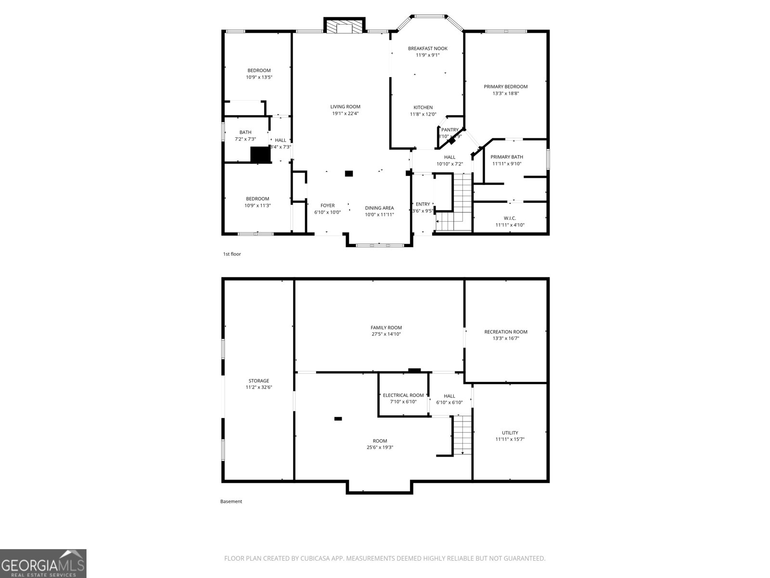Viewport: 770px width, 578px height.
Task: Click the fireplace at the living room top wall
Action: [x=345, y=26]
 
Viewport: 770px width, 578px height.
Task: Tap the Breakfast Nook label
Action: [x=428, y=48]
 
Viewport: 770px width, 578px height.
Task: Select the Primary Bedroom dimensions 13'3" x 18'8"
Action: [x=506, y=93]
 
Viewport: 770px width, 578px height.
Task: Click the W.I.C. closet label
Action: [x=510, y=218]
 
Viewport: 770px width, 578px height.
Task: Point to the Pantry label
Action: [x=450, y=130]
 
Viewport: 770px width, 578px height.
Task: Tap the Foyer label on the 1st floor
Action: [x=327, y=206]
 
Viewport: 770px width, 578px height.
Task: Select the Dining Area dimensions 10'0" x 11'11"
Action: [x=379, y=215]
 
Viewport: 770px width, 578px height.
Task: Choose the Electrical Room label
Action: [x=403, y=395]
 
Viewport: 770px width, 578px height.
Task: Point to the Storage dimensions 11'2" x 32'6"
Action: [x=259, y=387]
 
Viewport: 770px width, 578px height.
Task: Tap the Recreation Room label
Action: [x=506, y=332]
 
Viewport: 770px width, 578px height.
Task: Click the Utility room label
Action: [x=510, y=433]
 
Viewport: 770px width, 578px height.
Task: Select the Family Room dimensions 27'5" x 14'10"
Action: [x=386, y=334]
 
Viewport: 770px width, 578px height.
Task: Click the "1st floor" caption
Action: [x=232, y=254]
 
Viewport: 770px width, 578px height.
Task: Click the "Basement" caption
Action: [x=231, y=501]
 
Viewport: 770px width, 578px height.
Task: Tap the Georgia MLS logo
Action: [x=43, y=563]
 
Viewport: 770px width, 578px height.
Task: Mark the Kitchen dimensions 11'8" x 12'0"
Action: [x=423, y=115]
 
